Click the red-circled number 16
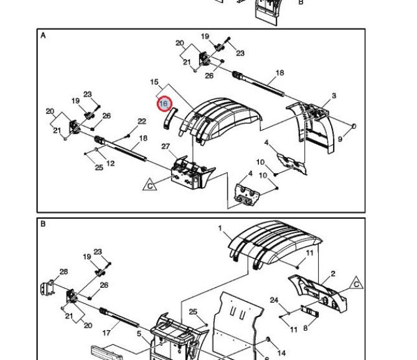[x=164, y=103]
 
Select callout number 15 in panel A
[x=154, y=82]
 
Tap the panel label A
[x=43, y=36]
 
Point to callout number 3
[x=334, y=96]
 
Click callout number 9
[x=340, y=140]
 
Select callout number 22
[x=142, y=121]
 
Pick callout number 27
[x=166, y=146]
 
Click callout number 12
[x=110, y=164]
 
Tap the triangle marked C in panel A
[x=149, y=185]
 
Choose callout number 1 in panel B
[x=220, y=229]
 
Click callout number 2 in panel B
[x=333, y=273]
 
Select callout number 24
[x=274, y=300]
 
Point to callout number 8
[x=306, y=328]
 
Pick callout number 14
[x=281, y=353]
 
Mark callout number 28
[x=63, y=272]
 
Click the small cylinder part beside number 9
[x=355, y=126]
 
